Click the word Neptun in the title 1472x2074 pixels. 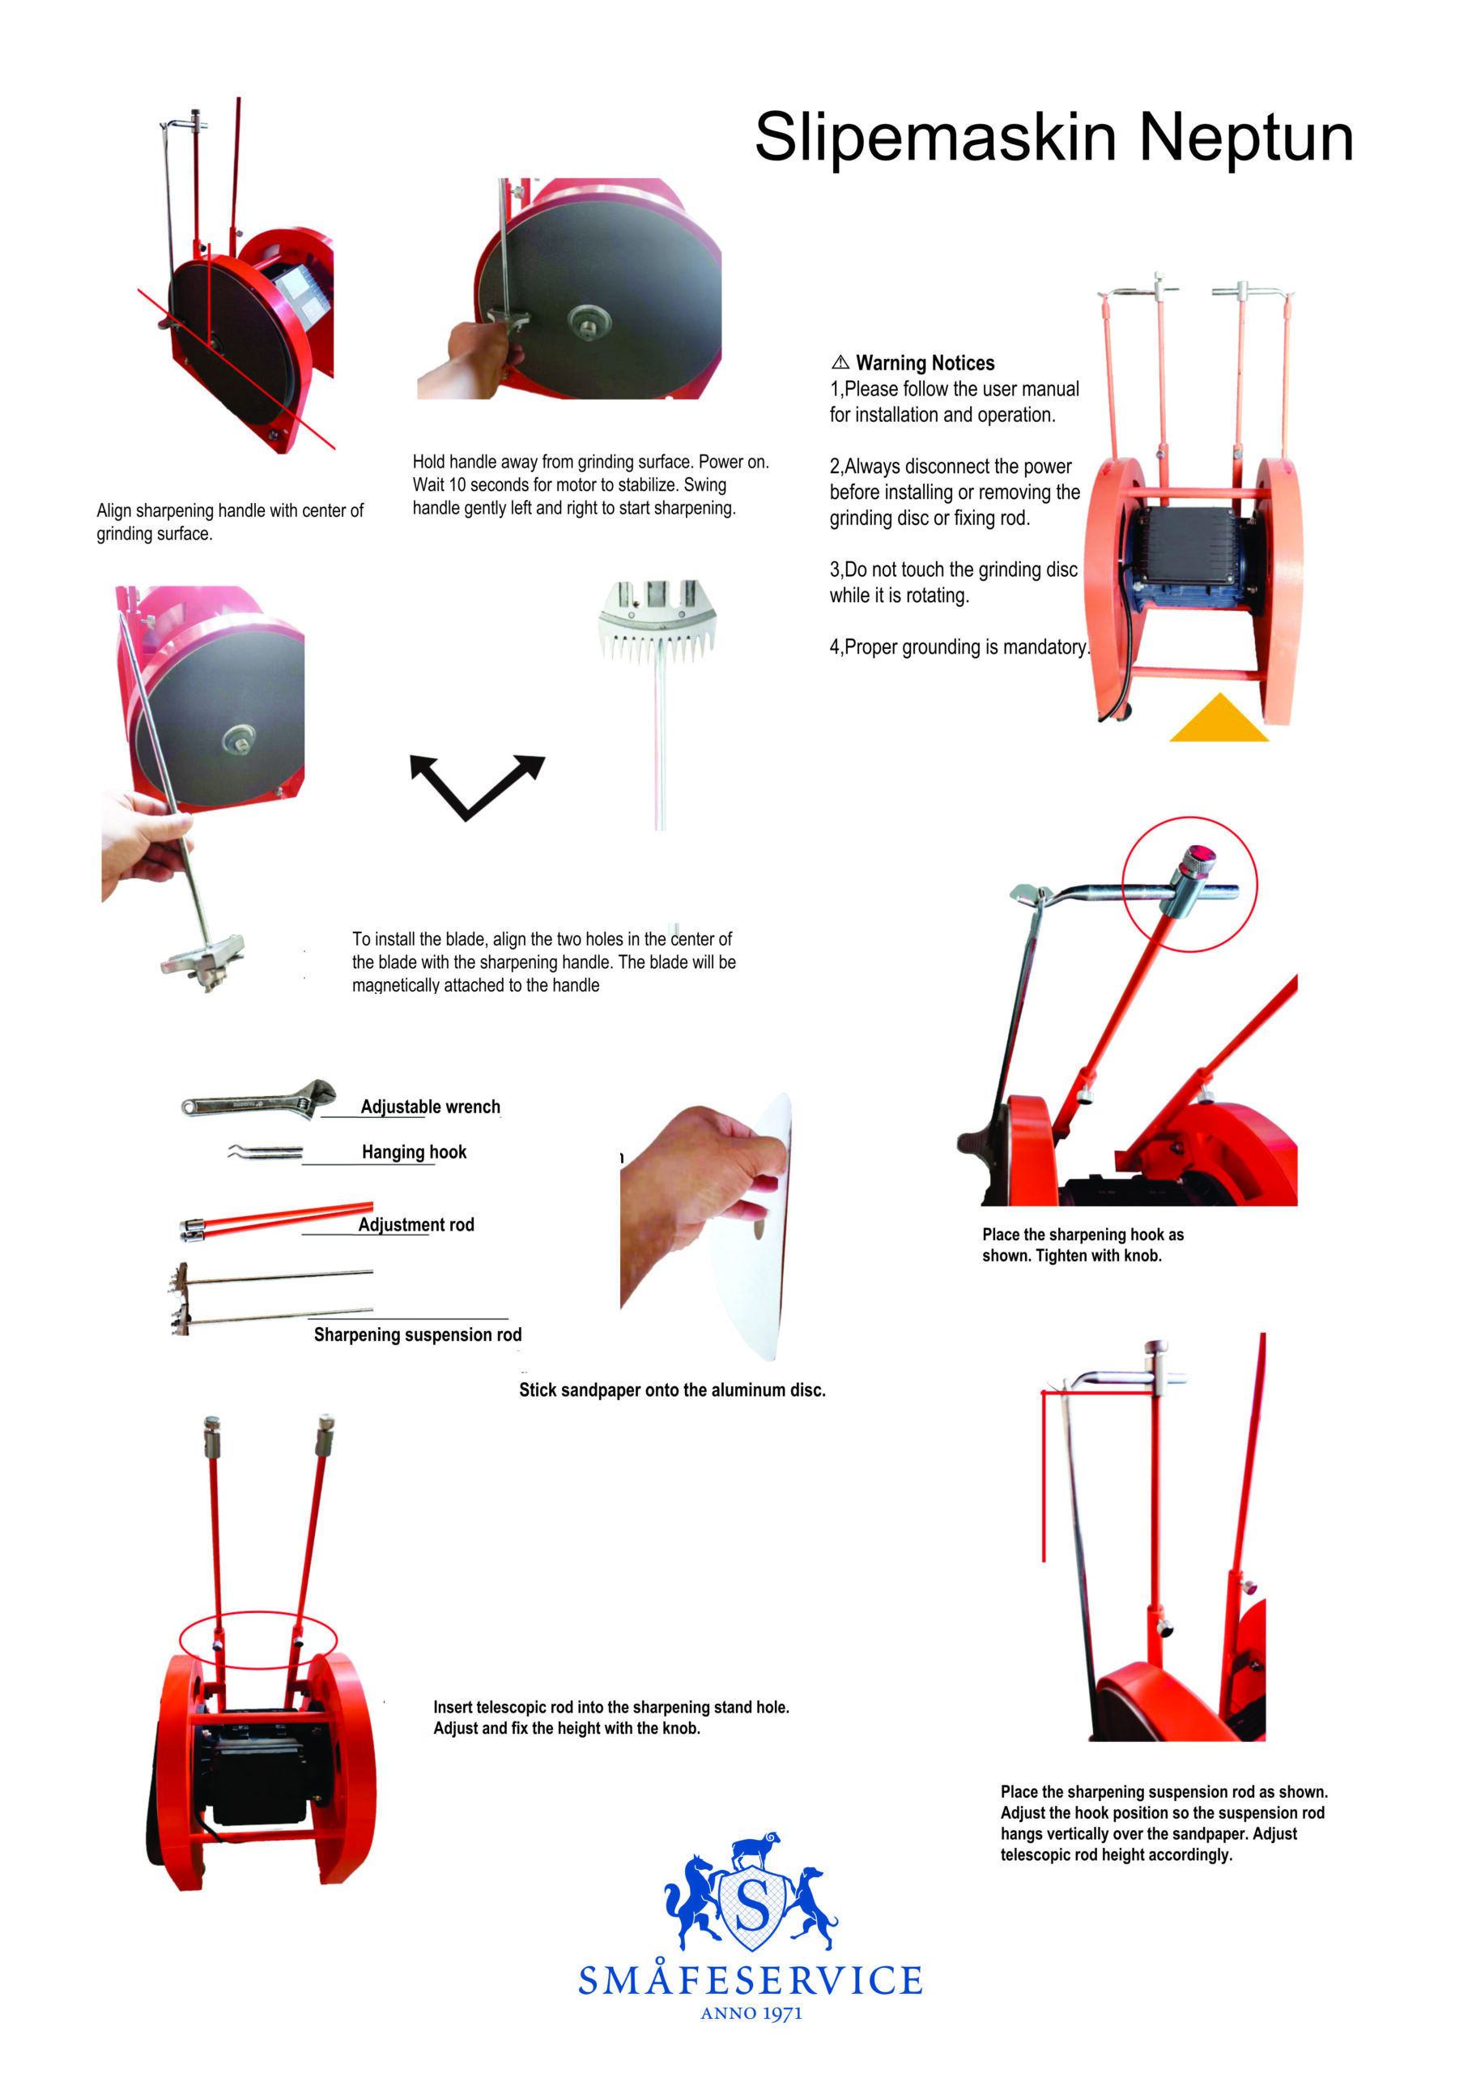tap(1245, 139)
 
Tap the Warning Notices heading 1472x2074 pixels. tap(925, 363)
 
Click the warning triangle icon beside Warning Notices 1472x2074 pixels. tap(840, 362)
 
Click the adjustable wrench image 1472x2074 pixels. tap(258, 1099)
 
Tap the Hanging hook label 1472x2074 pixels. tap(415, 1152)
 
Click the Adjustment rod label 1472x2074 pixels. tap(416, 1224)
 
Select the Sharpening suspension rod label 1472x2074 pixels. tap(418, 1334)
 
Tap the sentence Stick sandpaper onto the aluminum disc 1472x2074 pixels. tap(673, 1389)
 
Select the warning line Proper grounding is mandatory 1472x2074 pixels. tap(960, 647)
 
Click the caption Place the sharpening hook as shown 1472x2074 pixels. tap(1083, 1244)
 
